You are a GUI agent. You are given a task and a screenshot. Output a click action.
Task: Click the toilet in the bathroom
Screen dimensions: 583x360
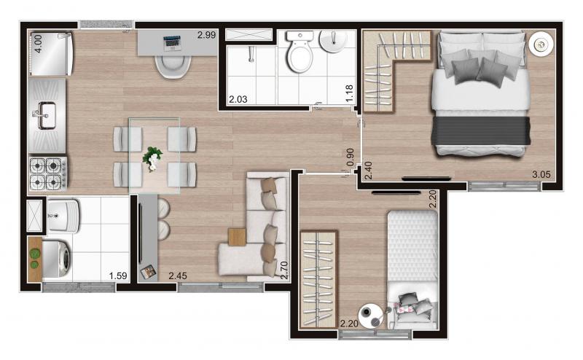pos(300,51)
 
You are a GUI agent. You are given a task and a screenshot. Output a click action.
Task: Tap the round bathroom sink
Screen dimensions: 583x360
pos(334,41)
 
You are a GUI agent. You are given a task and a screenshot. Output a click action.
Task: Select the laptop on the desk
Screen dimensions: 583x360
pos(172,43)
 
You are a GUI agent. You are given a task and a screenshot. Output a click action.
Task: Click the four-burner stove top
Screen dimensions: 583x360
pos(48,173)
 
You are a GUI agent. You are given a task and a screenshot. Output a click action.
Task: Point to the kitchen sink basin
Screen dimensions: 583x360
pos(47,116)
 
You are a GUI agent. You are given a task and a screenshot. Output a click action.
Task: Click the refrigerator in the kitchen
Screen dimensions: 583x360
pos(51,54)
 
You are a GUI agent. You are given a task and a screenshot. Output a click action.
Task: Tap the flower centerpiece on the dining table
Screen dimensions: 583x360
pos(152,158)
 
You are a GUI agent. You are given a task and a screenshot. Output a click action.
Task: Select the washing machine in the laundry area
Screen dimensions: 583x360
pos(56,259)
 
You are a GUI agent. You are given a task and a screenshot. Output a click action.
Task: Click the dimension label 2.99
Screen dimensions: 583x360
pos(206,35)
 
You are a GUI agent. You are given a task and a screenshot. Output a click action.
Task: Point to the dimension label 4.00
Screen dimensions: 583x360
pos(38,44)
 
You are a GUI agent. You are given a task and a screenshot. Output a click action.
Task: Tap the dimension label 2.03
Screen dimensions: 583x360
pos(238,99)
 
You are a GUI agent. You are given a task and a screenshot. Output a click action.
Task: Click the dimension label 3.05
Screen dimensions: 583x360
pos(541,174)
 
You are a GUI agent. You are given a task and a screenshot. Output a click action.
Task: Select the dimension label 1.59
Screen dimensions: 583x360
pos(118,275)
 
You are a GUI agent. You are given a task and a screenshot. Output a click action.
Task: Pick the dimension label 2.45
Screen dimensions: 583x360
pos(178,275)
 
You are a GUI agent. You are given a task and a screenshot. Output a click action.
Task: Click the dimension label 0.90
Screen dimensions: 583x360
pos(350,157)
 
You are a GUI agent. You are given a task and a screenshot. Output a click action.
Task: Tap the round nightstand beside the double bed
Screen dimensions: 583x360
pos(541,44)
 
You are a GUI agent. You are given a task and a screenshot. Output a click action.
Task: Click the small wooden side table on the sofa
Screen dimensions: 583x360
pos(238,237)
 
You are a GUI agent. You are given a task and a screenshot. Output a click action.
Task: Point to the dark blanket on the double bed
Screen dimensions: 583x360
pos(480,131)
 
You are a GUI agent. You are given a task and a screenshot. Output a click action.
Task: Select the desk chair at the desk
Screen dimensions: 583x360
pos(173,66)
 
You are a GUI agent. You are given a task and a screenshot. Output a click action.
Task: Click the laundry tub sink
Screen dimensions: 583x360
pos(63,216)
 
